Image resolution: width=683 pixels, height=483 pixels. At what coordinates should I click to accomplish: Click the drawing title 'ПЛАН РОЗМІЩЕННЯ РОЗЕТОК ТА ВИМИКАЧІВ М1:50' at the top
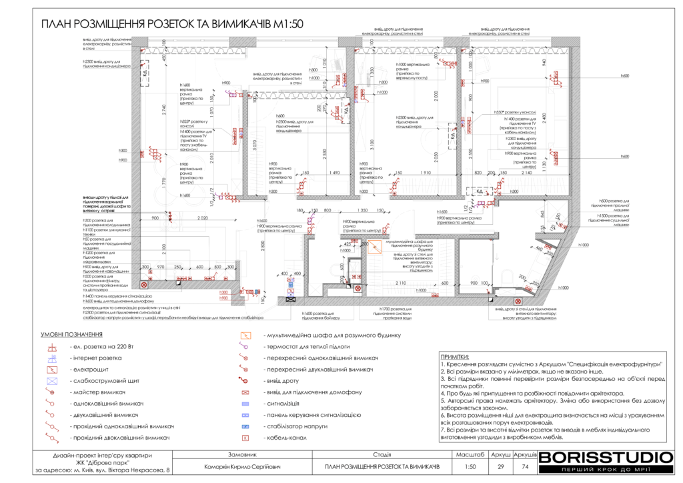point(172,24)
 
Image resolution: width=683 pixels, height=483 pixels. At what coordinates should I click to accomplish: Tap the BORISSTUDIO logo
point(605,458)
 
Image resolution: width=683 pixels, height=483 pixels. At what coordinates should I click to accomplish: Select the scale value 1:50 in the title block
point(470,466)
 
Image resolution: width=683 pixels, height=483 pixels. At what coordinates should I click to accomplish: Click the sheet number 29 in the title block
point(496,466)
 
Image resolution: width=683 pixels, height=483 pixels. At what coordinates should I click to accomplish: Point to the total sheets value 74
point(524,466)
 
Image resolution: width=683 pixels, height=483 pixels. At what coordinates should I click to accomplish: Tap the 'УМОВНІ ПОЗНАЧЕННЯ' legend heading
point(71,334)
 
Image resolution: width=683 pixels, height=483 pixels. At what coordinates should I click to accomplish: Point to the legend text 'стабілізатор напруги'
point(297,426)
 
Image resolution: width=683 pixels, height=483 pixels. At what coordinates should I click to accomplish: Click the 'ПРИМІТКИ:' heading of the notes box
point(456,357)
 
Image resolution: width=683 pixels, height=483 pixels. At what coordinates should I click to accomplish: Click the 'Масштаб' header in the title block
point(470,454)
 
